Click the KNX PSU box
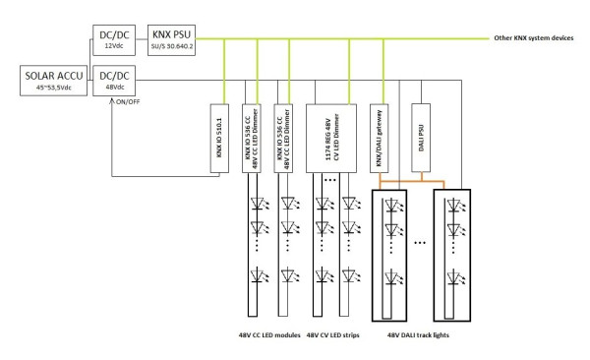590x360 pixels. pos(170,38)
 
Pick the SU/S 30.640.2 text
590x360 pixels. pos(170,45)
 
